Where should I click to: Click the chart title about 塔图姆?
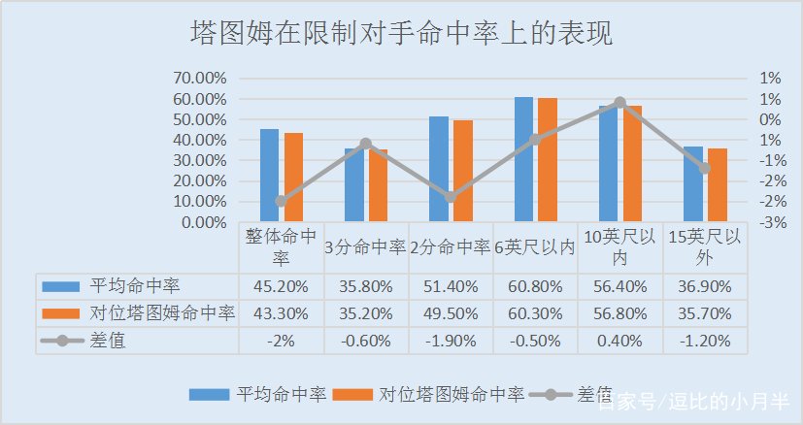[x=401, y=36]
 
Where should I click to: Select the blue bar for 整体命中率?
[x=269, y=176]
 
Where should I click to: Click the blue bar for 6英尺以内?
[x=523, y=159]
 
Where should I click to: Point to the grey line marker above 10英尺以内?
[x=620, y=102]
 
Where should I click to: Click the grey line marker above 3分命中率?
[x=366, y=144]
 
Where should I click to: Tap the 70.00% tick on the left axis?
[x=198, y=78]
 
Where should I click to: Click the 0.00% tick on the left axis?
[x=201, y=222]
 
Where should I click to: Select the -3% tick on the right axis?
[x=774, y=222]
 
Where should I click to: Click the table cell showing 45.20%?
[x=281, y=285]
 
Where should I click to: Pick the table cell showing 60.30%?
[x=534, y=312]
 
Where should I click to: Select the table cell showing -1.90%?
[x=450, y=341]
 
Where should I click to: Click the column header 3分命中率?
[x=365, y=246]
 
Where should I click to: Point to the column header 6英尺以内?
[x=534, y=246]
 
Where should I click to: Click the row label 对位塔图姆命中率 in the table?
[x=163, y=312]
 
